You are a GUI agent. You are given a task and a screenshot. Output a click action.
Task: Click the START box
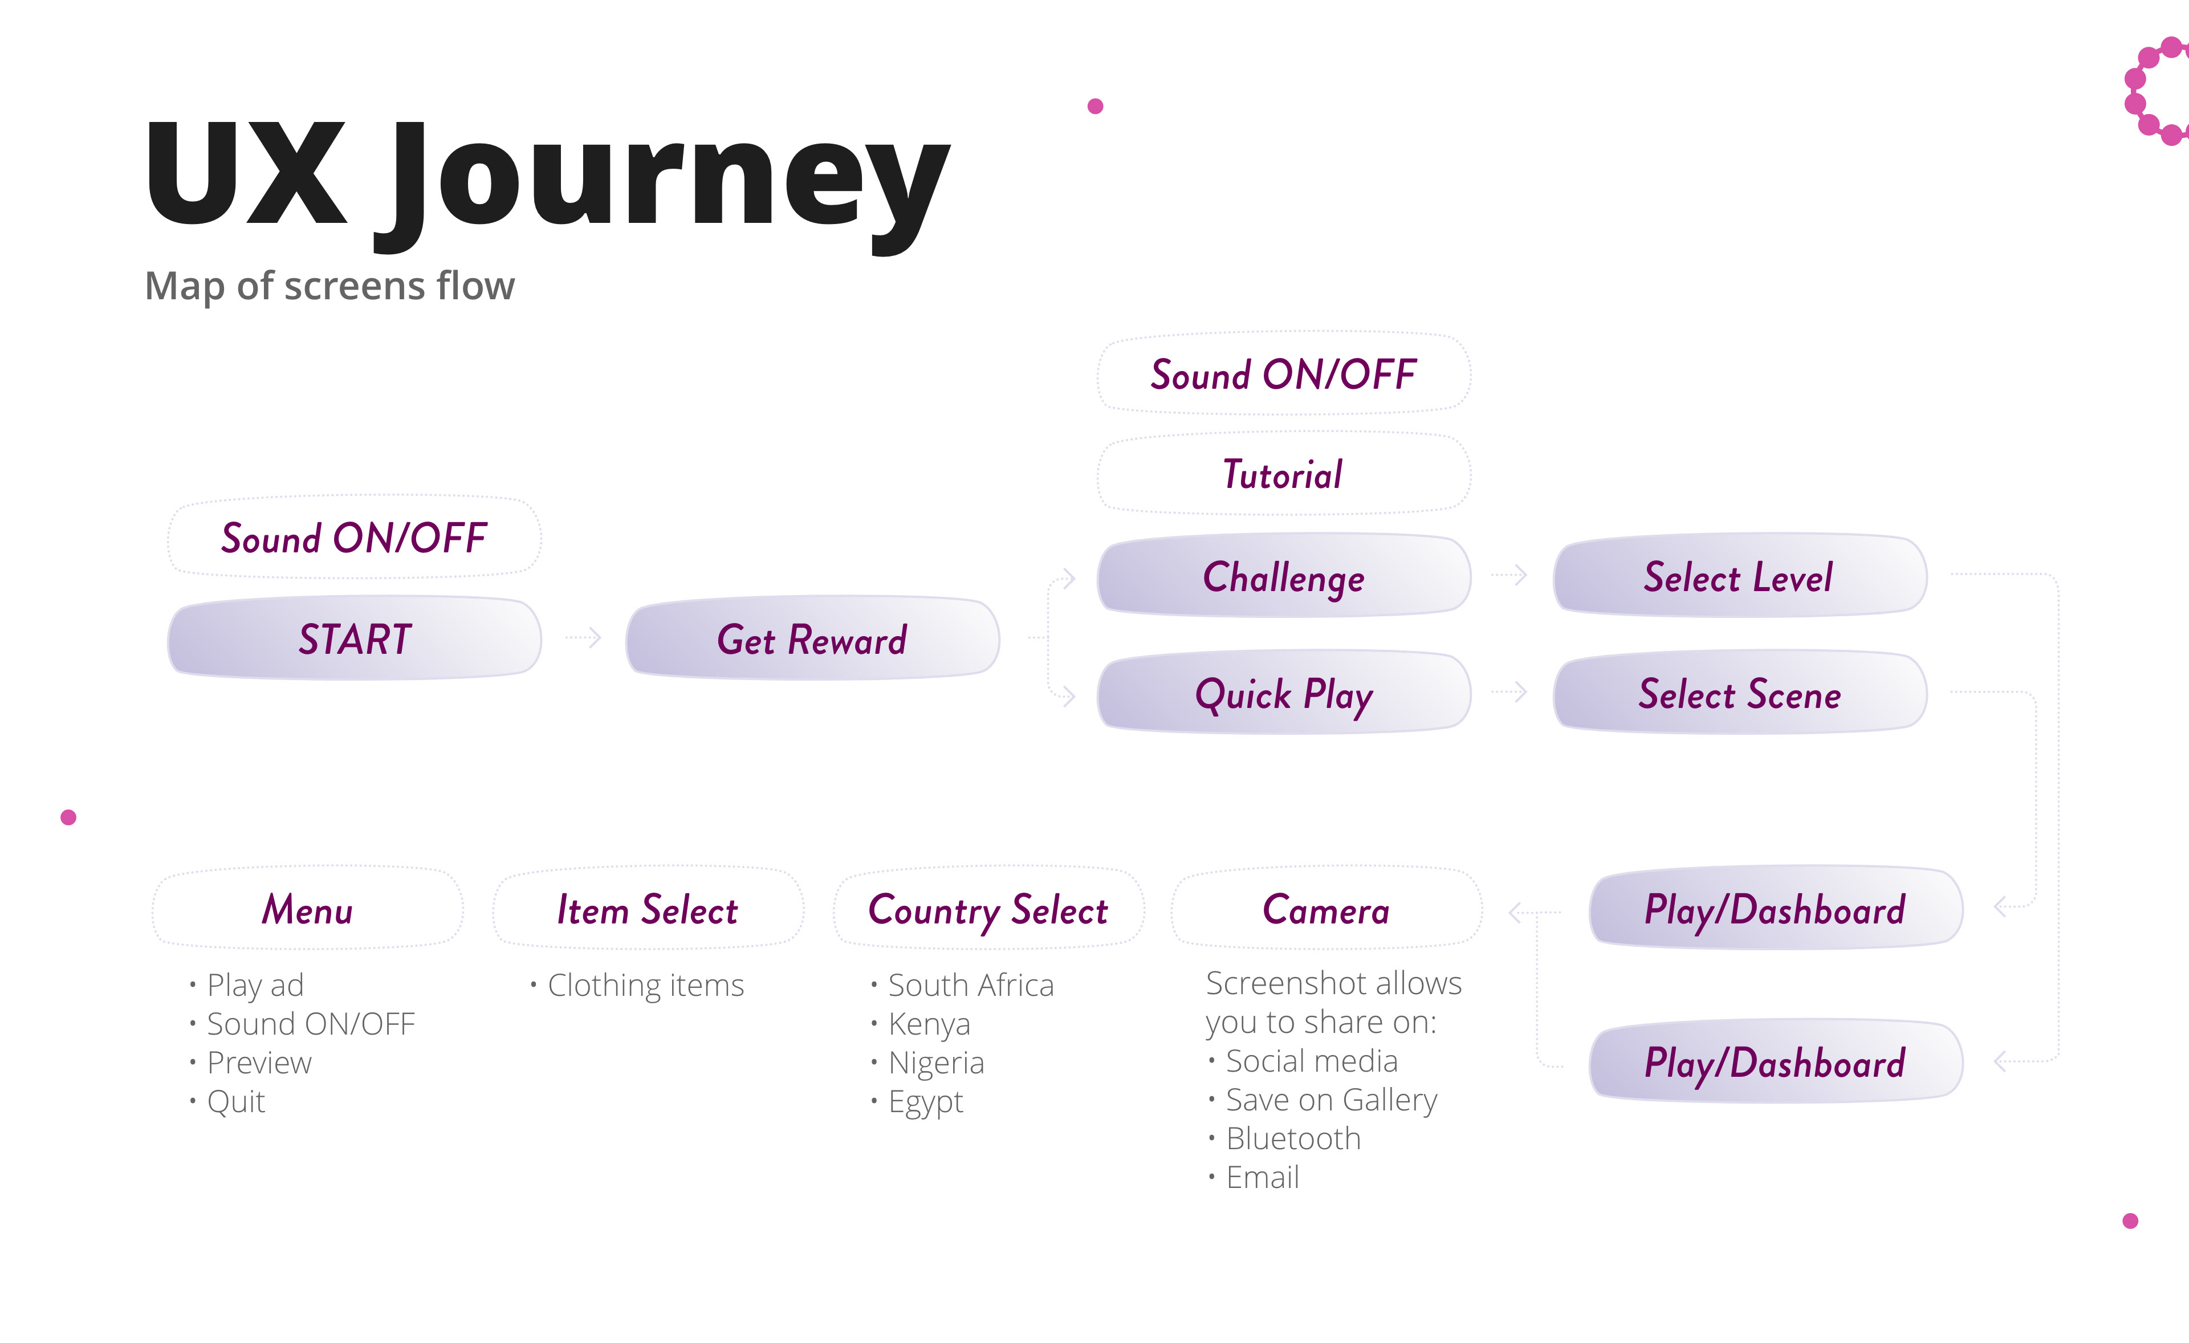tap(355, 638)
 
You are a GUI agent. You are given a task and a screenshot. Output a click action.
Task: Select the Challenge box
tap(1284, 576)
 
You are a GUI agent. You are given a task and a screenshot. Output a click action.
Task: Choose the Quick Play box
tap(1284, 693)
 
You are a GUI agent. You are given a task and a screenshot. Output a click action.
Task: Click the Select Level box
tap(1739, 576)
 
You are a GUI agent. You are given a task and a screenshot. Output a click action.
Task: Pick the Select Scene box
tap(1739, 693)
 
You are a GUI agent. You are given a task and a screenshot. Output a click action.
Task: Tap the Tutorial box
tap(1284, 474)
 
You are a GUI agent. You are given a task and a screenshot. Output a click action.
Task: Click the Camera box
tap(1327, 907)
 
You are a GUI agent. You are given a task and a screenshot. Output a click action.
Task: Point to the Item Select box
tap(648, 907)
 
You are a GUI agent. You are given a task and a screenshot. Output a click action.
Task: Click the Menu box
tap(307, 907)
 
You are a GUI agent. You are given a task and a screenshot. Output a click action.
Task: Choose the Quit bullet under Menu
tap(227, 1101)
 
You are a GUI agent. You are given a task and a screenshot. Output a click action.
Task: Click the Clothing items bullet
tap(637, 985)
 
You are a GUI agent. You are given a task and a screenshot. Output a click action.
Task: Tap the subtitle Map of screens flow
tap(329, 286)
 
